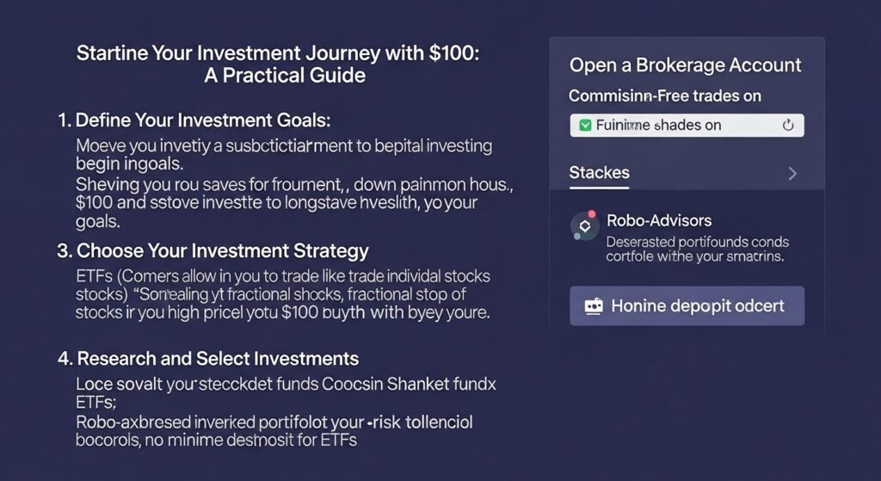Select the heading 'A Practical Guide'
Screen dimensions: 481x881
pyautogui.click(x=285, y=75)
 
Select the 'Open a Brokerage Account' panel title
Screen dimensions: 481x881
pyautogui.click(x=685, y=65)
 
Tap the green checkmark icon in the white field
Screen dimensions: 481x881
pyautogui.click(x=585, y=126)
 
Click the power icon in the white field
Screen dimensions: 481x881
pyautogui.click(x=787, y=126)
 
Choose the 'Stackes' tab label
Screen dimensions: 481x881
pyautogui.click(x=599, y=173)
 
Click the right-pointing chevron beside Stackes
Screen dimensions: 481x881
pyautogui.click(x=792, y=174)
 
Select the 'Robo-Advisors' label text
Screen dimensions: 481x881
pyautogui.click(x=659, y=221)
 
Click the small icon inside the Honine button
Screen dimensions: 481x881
pyautogui.click(x=594, y=306)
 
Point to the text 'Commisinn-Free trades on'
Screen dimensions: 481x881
pyautogui.click(x=665, y=96)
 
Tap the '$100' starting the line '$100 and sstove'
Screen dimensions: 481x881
pyautogui.click(x=94, y=203)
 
